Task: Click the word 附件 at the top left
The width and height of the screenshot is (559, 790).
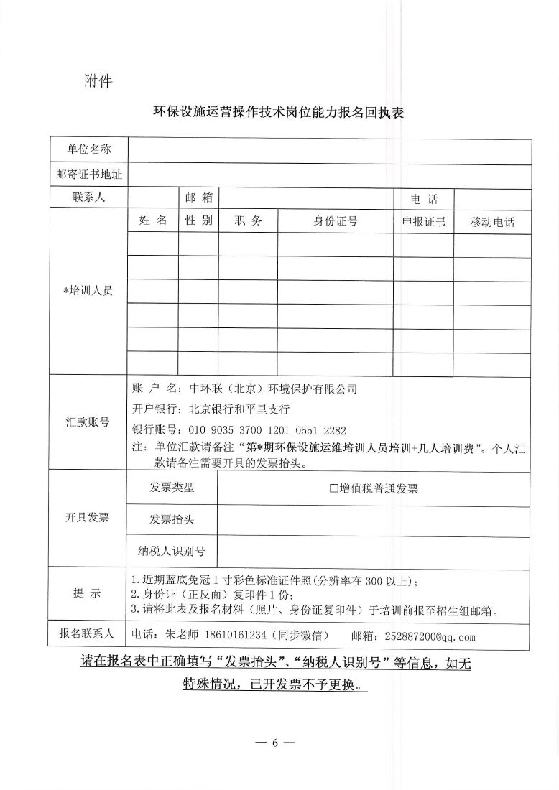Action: (98, 80)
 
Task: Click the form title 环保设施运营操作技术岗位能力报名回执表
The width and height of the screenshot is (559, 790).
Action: (279, 114)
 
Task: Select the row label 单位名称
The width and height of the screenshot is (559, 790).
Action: (89, 149)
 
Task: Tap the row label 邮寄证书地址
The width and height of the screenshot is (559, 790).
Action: (89, 174)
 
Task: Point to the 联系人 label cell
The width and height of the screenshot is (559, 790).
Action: (89, 197)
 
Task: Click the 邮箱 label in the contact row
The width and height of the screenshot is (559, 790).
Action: (198, 197)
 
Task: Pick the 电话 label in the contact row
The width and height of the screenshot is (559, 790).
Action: (424, 199)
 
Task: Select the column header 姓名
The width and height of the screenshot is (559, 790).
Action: (152, 220)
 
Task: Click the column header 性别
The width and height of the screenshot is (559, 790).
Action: (198, 220)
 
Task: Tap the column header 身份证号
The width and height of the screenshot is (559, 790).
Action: (336, 221)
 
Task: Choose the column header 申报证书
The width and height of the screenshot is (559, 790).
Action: (424, 221)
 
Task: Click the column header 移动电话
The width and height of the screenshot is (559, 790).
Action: (492, 222)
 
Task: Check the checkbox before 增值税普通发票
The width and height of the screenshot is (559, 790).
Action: (333, 489)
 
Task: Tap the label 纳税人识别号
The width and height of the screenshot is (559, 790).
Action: (171, 551)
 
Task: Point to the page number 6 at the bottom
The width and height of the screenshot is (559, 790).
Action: (274, 743)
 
